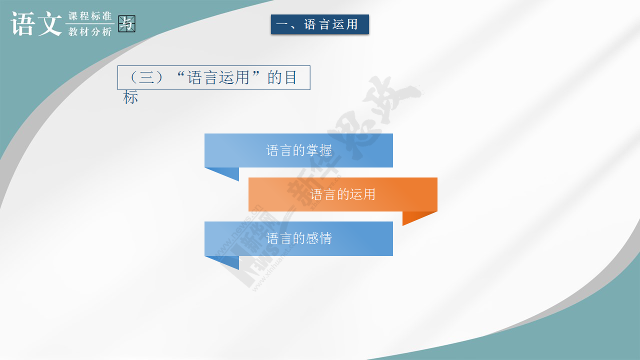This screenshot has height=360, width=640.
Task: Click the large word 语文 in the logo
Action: click(36, 23)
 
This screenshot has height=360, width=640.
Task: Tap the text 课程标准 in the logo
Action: click(90, 16)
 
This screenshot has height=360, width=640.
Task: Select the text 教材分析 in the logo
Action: click(90, 31)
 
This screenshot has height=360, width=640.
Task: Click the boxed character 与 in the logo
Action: click(127, 23)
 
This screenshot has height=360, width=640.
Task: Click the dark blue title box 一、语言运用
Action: click(319, 24)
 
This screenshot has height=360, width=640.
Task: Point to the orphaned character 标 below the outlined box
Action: click(130, 97)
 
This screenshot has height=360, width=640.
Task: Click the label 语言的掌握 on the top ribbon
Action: click(299, 150)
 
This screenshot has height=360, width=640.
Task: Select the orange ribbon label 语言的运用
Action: click(342, 194)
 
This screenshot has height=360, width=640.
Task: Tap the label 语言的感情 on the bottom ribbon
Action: click(299, 238)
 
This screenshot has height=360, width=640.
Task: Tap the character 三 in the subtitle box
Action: click(146, 77)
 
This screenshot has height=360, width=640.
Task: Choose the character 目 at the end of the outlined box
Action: click(290, 77)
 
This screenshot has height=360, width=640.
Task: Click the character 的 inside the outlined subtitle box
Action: click(274, 77)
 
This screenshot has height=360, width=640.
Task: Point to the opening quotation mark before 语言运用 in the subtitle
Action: click(180, 75)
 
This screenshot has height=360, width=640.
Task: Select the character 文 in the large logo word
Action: click(49, 23)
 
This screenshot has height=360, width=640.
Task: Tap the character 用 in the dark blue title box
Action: click(352, 24)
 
